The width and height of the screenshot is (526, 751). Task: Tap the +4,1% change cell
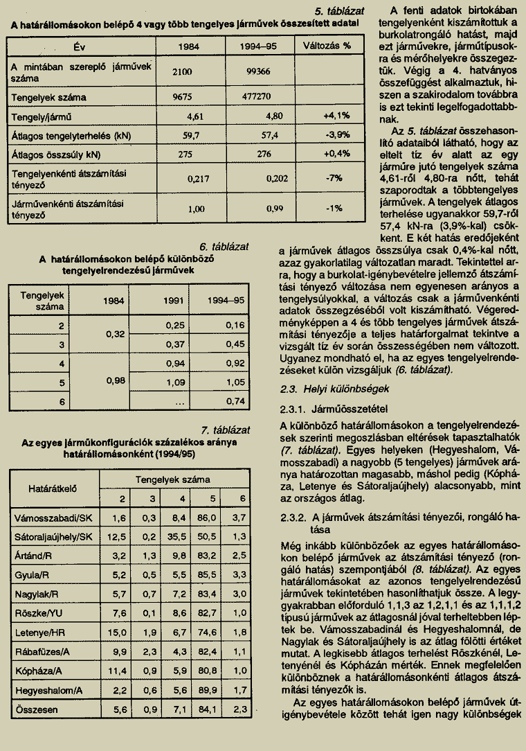(336, 116)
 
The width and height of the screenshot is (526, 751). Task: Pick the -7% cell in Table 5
(336, 177)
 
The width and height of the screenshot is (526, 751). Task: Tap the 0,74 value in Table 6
(235, 401)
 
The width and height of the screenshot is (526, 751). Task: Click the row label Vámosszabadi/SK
(53, 518)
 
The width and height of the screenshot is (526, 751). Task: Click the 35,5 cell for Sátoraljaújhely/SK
(179, 536)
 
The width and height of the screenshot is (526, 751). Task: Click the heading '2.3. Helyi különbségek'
(325, 389)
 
